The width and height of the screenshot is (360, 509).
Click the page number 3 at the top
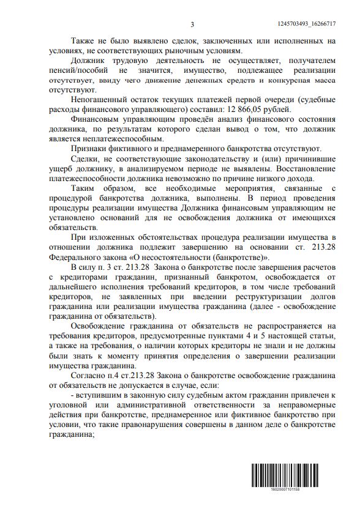192,24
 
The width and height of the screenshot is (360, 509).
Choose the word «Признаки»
90,149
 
